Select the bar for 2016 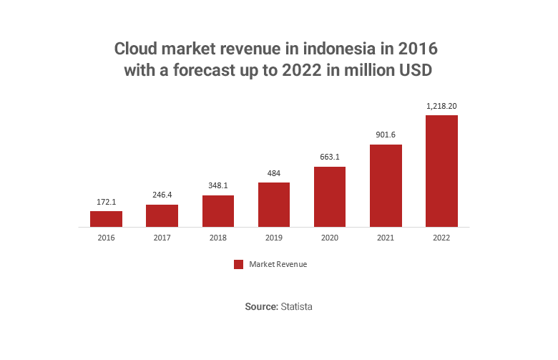pos(106,219)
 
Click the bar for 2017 pos(162,215)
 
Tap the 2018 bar pos(218,211)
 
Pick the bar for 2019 pos(274,205)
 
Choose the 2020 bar pos(330,197)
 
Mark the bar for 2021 pos(386,185)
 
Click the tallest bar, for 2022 pos(441,171)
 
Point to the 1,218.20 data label pos(441,106)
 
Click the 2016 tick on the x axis pos(106,237)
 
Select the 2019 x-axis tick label pos(274,237)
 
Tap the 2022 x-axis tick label pos(441,237)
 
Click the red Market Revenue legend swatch pos(239,265)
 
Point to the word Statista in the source pos(296,306)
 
